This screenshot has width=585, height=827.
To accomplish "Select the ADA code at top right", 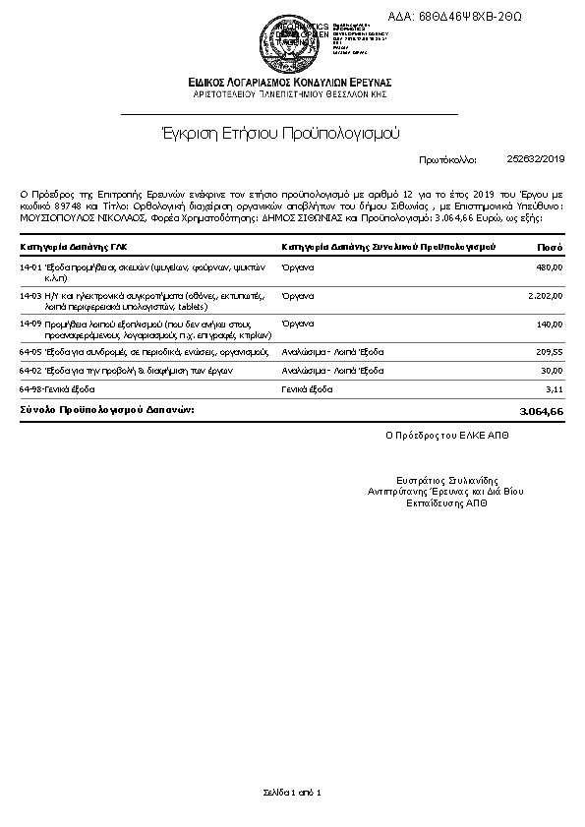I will (469, 17).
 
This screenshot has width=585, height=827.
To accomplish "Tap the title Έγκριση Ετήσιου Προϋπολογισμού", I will (280, 133).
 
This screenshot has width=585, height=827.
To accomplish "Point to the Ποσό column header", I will (551, 247).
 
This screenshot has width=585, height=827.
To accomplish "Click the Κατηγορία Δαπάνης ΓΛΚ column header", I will (73, 247).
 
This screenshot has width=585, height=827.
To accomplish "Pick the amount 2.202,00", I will (544, 295).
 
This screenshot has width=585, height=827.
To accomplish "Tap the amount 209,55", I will (548, 350).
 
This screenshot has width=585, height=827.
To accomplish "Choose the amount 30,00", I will (551, 370).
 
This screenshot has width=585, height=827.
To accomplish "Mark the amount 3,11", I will (554, 389).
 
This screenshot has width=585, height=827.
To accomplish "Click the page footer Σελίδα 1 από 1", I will (292, 792).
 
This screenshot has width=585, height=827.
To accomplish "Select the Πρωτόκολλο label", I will (446, 158).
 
